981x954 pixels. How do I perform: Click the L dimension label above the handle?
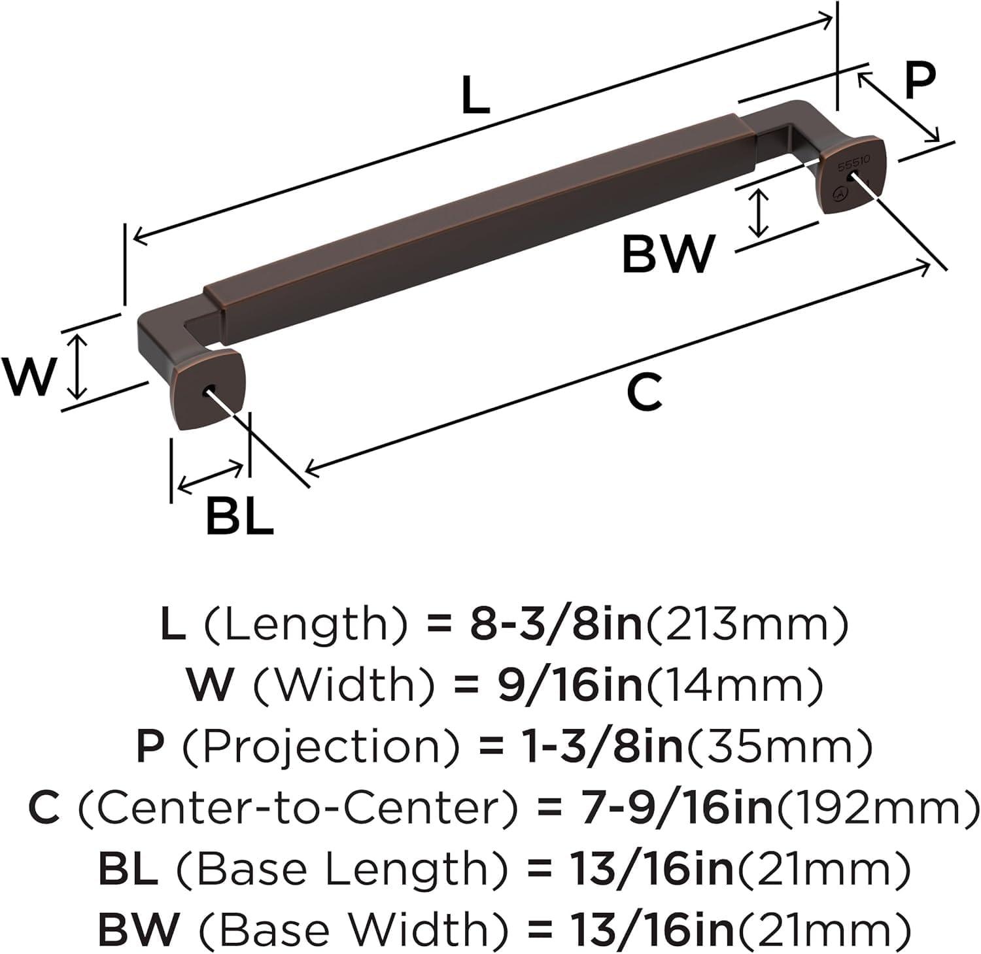click(475, 96)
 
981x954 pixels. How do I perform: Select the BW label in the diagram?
click(667, 255)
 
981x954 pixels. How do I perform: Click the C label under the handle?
click(644, 392)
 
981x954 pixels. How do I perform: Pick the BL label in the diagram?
click(239, 516)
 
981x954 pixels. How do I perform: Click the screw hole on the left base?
click(211, 391)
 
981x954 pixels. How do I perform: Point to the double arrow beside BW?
click(758, 213)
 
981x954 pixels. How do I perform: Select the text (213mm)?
click(747, 624)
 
